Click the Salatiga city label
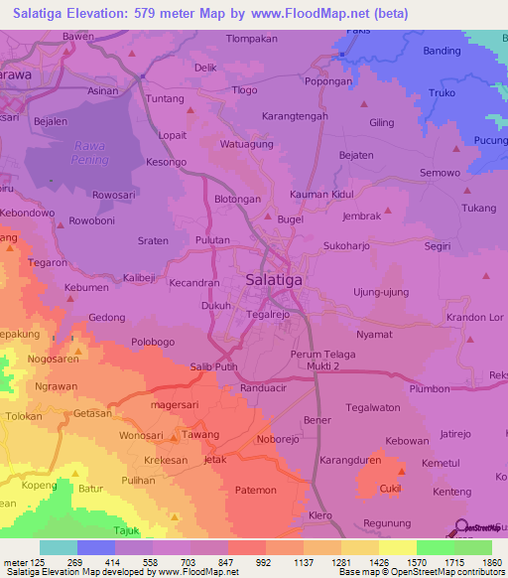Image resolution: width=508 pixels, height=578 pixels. [x=273, y=281]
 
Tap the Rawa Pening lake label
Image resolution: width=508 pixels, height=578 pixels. [x=88, y=152]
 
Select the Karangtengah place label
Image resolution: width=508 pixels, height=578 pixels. [x=294, y=116]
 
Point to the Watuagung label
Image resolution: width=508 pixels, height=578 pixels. [x=246, y=144]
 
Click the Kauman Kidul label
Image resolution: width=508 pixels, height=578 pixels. [x=321, y=195]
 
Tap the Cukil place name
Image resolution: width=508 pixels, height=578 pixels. [x=390, y=489]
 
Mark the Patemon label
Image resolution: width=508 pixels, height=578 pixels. [x=255, y=491]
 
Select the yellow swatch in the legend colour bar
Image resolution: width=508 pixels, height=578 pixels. [x=397, y=547]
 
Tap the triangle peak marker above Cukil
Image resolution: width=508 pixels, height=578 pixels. [x=402, y=471]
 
